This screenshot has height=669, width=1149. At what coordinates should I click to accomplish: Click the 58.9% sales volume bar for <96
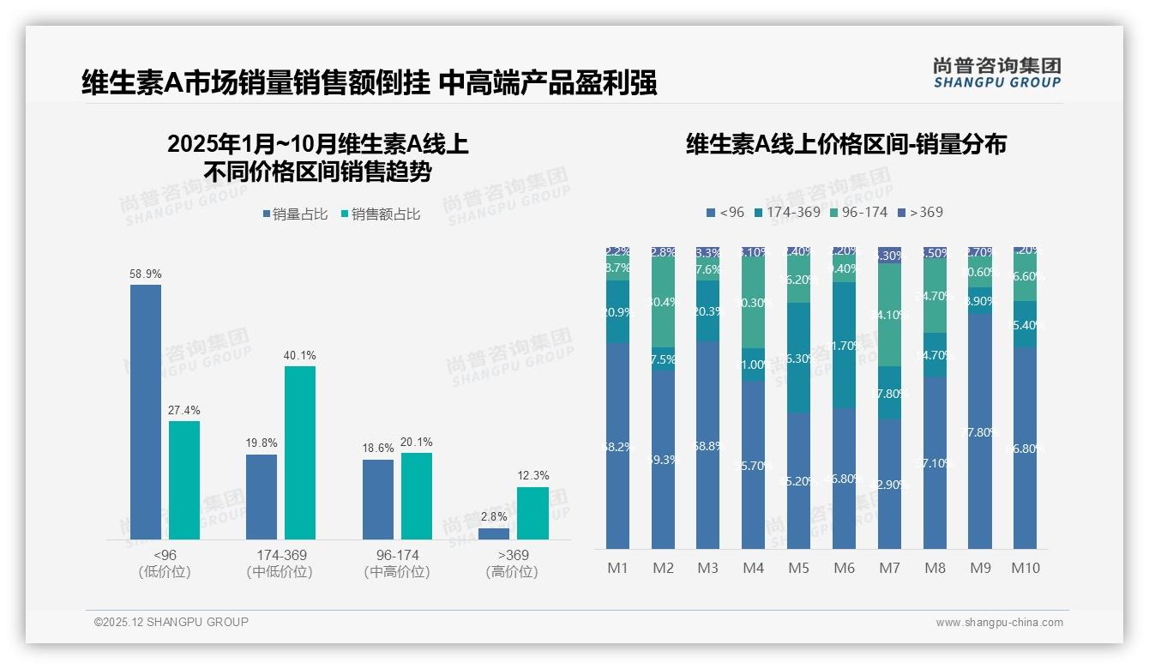[x=146, y=412]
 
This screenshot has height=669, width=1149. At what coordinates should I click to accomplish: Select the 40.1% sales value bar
[x=300, y=453]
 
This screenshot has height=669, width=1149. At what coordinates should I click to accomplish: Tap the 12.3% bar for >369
[x=532, y=513]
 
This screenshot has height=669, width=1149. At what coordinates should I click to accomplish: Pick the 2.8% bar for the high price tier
[x=493, y=533]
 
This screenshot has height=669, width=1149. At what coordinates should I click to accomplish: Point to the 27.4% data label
[x=184, y=411]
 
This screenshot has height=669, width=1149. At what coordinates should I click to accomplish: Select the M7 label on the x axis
[x=889, y=568]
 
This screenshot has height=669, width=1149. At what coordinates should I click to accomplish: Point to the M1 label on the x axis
[x=617, y=568]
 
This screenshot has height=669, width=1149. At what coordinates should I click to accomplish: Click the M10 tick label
[x=1026, y=568]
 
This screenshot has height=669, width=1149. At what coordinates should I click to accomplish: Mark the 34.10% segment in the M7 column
[x=889, y=314]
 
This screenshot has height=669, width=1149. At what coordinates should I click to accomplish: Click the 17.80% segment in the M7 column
[x=889, y=393]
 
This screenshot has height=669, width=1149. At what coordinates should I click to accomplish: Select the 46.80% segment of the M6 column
[x=845, y=478]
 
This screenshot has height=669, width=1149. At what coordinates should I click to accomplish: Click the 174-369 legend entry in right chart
[x=786, y=212]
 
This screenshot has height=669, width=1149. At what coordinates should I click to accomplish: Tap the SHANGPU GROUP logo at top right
[x=996, y=73]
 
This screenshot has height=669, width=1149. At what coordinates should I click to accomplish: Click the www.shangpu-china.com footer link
[x=999, y=623]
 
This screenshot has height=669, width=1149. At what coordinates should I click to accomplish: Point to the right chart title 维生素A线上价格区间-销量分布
[x=845, y=144]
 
